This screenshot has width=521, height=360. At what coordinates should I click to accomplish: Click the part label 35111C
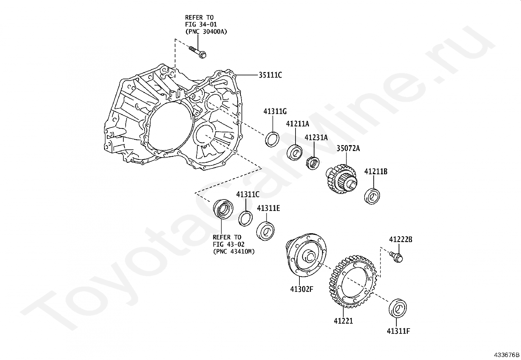(x=270, y=75)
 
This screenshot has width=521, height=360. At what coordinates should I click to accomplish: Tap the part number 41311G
(x=275, y=112)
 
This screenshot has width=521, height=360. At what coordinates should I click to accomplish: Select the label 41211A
(x=297, y=124)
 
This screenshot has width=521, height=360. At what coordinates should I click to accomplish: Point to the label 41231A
(x=316, y=138)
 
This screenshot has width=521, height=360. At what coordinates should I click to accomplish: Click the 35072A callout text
(x=348, y=148)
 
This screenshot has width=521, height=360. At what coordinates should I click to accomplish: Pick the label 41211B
(x=376, y=172)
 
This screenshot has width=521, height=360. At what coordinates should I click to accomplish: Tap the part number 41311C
(x=248, y=195)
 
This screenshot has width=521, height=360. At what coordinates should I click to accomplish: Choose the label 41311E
(x=268, y=208)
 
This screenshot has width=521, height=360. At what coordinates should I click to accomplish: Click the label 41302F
(x=302, y=289)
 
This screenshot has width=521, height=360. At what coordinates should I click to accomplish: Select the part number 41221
(x=343, y=321)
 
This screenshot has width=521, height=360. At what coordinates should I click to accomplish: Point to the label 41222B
(x=401, y=239)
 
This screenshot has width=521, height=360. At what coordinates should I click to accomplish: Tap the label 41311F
(x=398, y=331)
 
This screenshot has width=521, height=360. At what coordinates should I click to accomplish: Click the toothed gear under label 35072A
(x=341, y=179)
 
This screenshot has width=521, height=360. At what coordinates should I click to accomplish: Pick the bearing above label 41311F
(x=398, y=308)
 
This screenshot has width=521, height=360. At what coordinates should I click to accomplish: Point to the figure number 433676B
(x=507, y=355)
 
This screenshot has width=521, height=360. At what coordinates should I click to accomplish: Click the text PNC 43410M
(x=234, y=252)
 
